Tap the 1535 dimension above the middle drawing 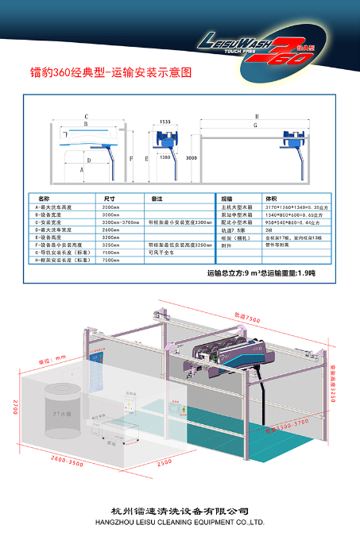point(165,122)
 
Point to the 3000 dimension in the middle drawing point(191,158)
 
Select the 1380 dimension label point(165,158)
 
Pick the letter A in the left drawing point(81,169)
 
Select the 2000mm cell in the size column point(110,207)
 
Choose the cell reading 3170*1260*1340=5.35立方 point(293,207)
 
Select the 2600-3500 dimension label point(45,460)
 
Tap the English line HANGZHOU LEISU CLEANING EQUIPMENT point(180,522)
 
